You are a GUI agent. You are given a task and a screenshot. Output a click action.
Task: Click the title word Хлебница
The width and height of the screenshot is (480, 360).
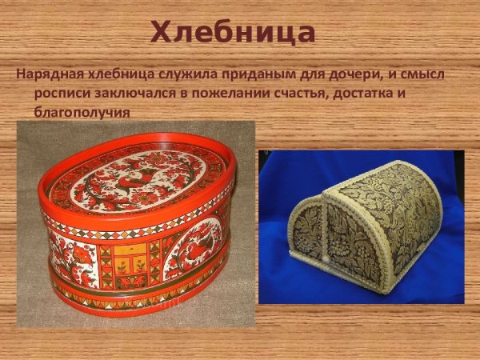233,32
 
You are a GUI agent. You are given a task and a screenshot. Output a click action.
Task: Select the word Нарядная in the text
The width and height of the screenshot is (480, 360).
46,75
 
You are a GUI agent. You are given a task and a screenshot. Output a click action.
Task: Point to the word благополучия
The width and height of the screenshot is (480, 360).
81,111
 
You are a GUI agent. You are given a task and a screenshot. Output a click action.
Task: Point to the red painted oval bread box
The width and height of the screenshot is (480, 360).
135,228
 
